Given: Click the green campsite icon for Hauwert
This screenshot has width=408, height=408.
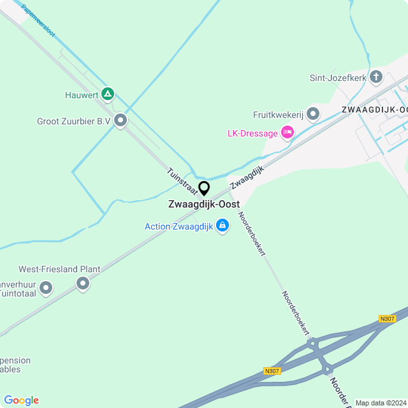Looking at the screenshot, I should pyautogui.click(x=108, y=95).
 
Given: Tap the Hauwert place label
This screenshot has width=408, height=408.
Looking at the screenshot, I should pyautogui.click(x=81, y=96).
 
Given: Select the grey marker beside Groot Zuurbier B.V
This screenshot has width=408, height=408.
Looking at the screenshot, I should pyautogui.click(x=120, y=120).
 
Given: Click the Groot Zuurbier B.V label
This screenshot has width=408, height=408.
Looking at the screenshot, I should pyautogui.click(x=73, y=120).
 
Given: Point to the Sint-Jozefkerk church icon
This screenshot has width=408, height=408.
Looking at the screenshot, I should pyautogui.click(x=376, y=78).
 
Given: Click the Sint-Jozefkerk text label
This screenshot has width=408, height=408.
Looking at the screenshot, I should pyautogui.click(x=338, y=78).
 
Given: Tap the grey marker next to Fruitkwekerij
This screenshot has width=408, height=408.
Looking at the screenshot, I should pyautogui.click(x=312, y=114).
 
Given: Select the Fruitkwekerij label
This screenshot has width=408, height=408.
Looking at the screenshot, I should pyautogui.click(x=277, y=115).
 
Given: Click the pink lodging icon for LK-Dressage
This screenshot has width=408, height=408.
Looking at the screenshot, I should pyautogui.click(x=287, y=133).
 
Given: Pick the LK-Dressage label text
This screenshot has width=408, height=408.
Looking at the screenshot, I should pyautogui.click(x=252, y=133).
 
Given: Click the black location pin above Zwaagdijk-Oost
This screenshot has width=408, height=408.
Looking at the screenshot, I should pyautogui.click(x=204, y=188).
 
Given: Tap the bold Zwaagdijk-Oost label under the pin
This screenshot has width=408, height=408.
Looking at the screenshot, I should pyautogui.click(x=204, y=205).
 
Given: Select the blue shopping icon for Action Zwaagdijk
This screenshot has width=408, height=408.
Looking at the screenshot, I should pyautogui.click(x=222, y=226).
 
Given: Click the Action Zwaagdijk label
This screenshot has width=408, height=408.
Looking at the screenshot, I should pyautogui.click(x=178, y=226).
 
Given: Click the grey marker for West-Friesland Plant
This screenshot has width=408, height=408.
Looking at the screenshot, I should pyautogui.click(x=82, y=284).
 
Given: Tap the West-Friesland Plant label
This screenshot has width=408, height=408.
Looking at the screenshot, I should pyautogui.click(x=59, y=269).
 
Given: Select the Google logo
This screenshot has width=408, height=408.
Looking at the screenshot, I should pyautogui.click(x=21, y=400).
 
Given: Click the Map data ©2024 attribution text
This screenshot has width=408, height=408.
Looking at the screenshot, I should pyautogui.click(x=381, y=403).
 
